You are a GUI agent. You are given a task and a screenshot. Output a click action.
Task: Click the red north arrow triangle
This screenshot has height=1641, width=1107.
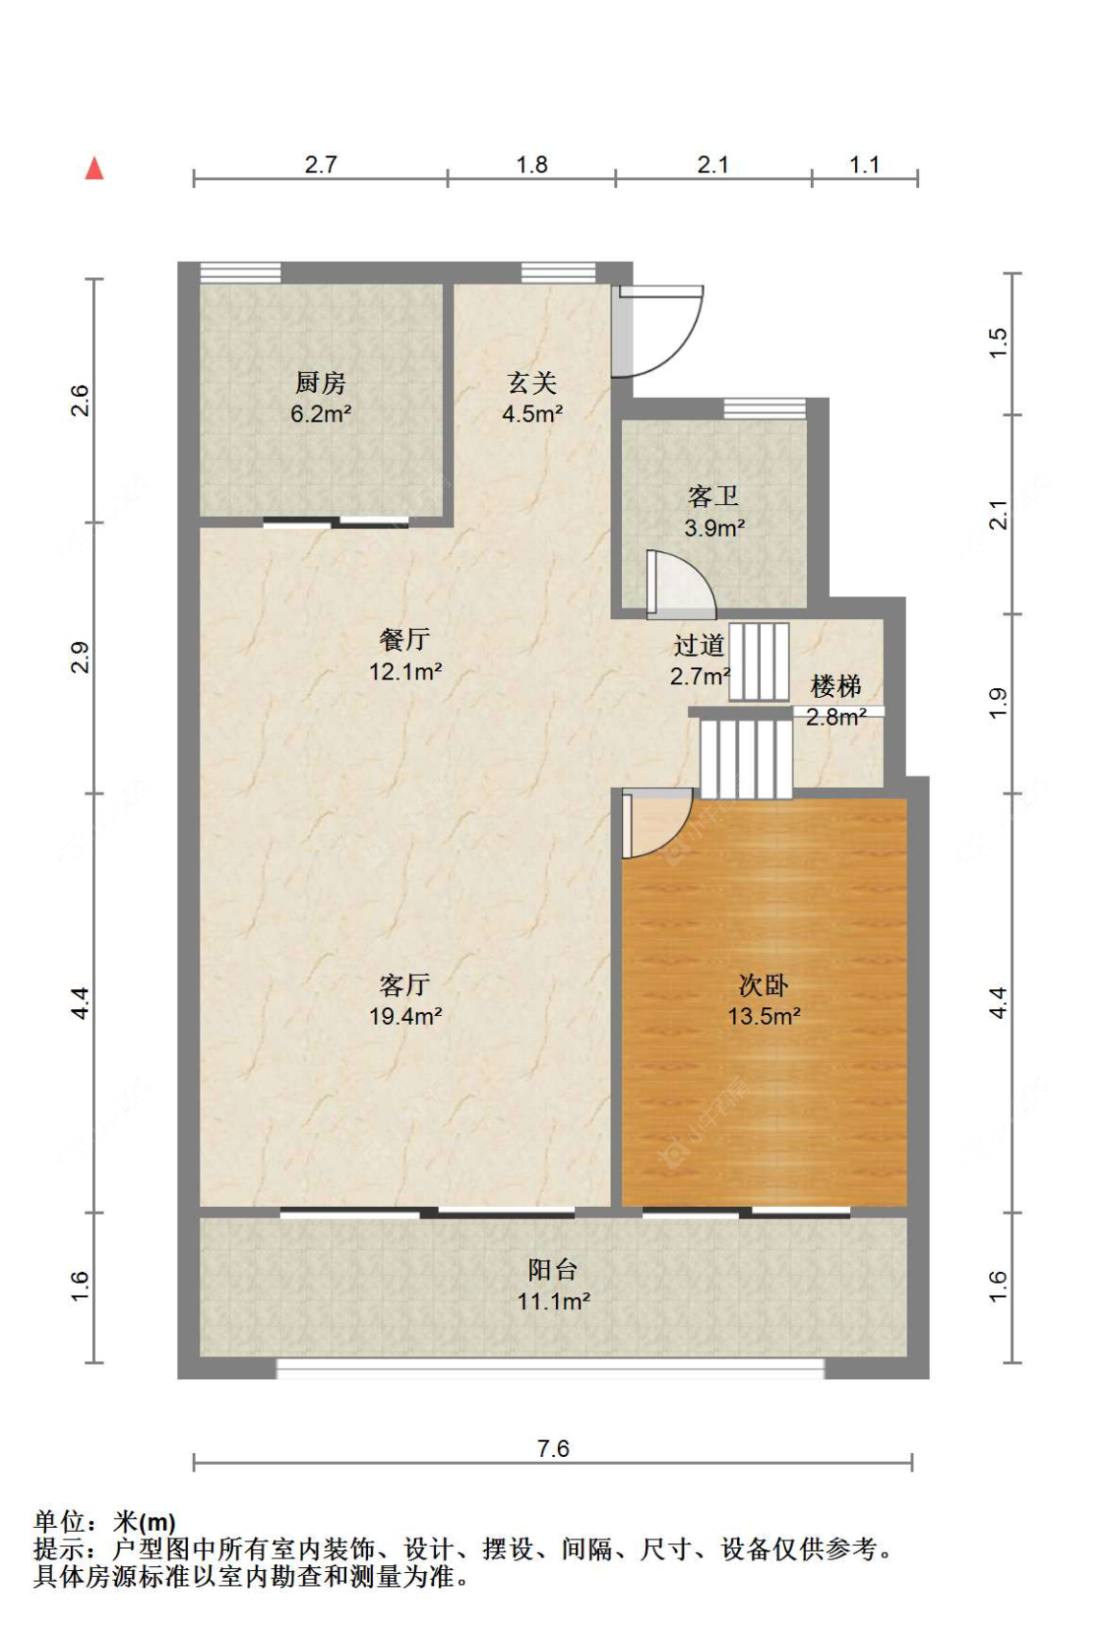(94, 168)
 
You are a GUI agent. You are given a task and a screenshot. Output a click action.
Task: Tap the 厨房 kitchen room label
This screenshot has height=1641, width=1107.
(320, 382)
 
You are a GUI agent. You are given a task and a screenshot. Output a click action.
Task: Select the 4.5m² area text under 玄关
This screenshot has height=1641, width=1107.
(531, 414)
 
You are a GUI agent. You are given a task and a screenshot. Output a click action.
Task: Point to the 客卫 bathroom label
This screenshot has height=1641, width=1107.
(713, 496)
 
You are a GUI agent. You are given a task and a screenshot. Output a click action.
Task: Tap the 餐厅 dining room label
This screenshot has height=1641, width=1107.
(404, 640)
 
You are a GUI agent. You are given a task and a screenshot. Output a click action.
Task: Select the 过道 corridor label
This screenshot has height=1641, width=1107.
(699, 646)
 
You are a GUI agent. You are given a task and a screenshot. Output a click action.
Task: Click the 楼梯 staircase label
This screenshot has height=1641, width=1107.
(835, 686)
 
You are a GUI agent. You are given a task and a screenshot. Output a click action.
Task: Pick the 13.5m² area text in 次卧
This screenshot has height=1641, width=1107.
(764, 1017)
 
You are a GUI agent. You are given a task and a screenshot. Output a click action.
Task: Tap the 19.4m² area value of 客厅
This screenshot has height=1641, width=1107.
(404, 1017)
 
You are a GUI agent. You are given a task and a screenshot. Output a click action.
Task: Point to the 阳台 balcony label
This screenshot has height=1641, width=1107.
(552, 1270)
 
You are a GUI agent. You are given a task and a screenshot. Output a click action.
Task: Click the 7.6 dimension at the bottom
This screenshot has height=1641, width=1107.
(553, 1448)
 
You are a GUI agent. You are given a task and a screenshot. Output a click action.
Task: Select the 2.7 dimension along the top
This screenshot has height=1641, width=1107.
(321, 164)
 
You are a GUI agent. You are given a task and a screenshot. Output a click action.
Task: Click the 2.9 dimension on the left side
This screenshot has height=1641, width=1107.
(80, 657)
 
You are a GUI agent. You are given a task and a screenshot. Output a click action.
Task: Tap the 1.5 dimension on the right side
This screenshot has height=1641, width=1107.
(999, 342)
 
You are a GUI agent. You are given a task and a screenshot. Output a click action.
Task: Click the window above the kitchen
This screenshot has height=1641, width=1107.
(240, 273)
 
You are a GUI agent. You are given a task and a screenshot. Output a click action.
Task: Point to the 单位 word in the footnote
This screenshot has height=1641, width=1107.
(59, 1523)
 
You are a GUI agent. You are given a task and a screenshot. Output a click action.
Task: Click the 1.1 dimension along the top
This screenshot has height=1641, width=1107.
(864, 164)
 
